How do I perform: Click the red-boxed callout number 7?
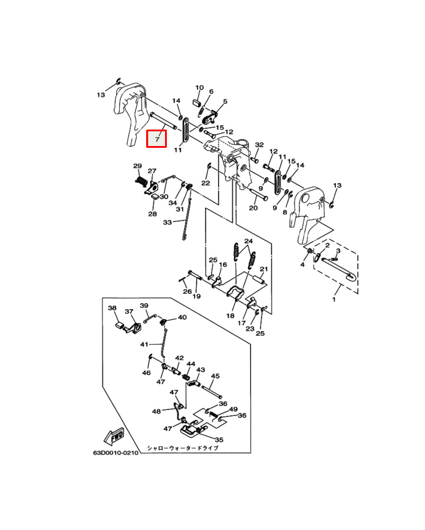pos(157,139)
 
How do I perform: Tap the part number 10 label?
pos(199,88)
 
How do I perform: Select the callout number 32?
pos(259,145)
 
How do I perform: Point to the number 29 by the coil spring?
pos(137,166)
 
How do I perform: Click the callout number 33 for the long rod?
pos(167,223)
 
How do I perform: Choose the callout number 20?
pos(253,208)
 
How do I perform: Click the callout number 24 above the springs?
pos(248,241)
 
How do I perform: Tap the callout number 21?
pos(264,269)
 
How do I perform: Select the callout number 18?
pos(230,316)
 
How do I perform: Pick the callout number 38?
pos(112,308)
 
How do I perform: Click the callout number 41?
pos(144,344)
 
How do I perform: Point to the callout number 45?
pos(215,376)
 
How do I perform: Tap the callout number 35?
pos(219,439)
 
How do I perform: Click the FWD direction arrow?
pos(113,436)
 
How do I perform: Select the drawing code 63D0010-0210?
pos(115,453)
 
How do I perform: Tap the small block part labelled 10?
pos(199,103)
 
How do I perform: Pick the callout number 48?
pos(156,412)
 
